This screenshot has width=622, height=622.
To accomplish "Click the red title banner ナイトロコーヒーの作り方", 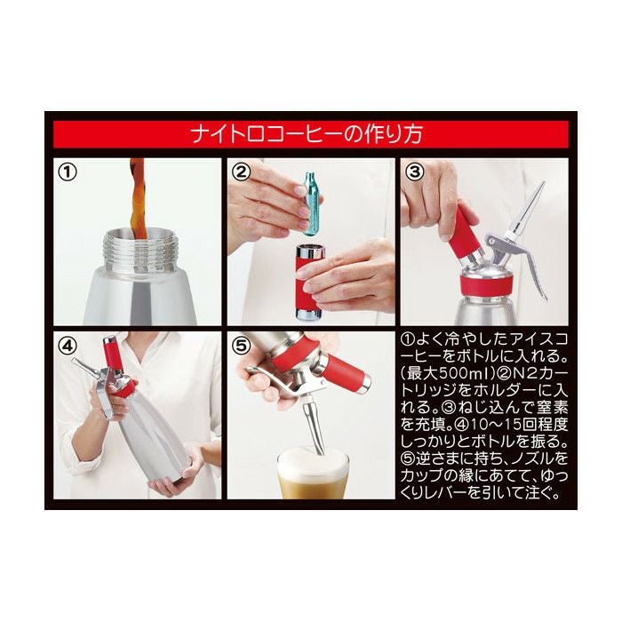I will click(x=310, y=134).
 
